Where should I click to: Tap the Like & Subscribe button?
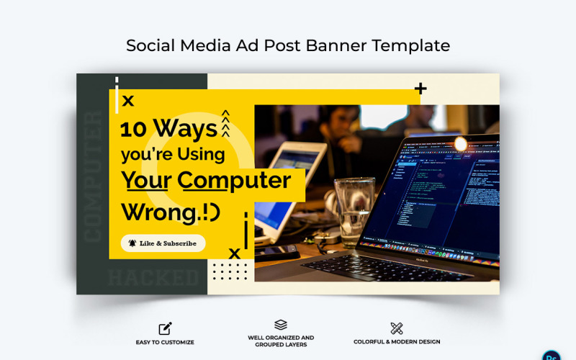coord(163,243)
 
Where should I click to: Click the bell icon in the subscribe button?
coord(132,243)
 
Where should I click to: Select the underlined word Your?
coord(145,179)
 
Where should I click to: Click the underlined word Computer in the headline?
coord(235,179)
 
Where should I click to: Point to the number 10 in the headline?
coord(134,129)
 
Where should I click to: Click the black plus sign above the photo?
coord(420,89)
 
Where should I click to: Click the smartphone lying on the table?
coord(277,252)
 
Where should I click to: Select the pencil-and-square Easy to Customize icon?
coord(165,328)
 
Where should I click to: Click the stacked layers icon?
coord(281,325)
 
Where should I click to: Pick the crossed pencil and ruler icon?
coord(397,328)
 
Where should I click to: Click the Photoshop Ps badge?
coord(552,354)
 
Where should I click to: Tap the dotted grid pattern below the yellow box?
coord(230,271)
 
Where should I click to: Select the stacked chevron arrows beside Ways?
coord(225,123)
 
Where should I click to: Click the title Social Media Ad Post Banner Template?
coord(288,45)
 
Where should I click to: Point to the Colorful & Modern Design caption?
coord(397,342)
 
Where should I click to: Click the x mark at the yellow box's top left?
coord(128,101)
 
